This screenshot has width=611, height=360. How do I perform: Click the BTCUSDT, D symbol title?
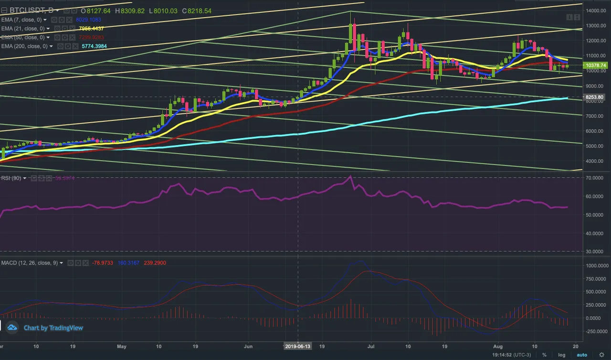coord(31,11)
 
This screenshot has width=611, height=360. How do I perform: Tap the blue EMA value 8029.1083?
coord(88,20)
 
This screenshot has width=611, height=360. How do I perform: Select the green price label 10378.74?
coord(597,65)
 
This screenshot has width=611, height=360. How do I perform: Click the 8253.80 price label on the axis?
coord(597,97)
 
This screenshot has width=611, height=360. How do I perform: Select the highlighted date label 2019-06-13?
coord(298,346)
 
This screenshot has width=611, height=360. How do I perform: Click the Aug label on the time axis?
coord(498,346)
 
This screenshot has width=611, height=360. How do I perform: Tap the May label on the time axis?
coord(121,346)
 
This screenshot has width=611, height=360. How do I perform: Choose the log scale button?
coord(562,355)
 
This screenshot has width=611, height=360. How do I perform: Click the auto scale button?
coord(581,355)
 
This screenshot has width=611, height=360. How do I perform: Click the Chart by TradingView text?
coord(53,328)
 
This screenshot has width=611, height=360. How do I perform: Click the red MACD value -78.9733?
coord(101,263)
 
